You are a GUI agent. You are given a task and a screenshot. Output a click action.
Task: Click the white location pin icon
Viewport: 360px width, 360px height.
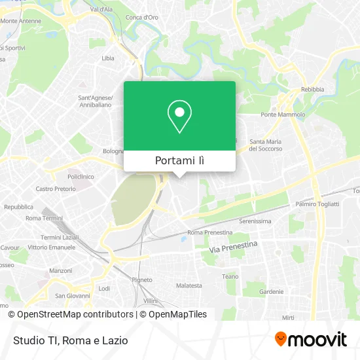(x=179, y=117)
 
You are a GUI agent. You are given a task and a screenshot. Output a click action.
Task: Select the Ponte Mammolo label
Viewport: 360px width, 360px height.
(x=283, y=115)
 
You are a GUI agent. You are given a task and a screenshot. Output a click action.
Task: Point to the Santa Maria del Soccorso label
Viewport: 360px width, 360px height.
(x=266, y=145)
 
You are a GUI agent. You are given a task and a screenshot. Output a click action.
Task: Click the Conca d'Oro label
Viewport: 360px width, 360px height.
(x=142, y=17)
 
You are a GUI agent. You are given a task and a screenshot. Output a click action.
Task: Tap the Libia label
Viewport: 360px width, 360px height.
(x=108, y=58)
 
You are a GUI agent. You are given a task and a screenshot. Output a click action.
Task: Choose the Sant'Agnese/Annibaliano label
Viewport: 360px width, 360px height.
(x=96, y=101)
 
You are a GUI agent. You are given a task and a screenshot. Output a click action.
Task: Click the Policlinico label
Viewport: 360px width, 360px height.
(x=81, y=177)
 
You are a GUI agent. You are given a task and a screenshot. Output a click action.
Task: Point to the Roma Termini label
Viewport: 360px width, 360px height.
(x=43, y=218)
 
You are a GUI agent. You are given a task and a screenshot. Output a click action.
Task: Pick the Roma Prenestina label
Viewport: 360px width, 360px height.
(x=209, y=232)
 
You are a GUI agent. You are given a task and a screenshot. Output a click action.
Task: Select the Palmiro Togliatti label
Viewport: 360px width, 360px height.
(x=317, y=204)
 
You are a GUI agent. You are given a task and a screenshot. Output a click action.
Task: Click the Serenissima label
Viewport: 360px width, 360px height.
(x=255, y=221)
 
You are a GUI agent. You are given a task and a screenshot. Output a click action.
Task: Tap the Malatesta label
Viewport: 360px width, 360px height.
(x=189, y=286)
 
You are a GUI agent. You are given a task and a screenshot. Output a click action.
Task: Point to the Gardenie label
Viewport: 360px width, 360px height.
(x=271, y=291)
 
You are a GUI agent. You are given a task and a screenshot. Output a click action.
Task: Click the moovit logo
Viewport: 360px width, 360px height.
(x=311, y=339)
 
